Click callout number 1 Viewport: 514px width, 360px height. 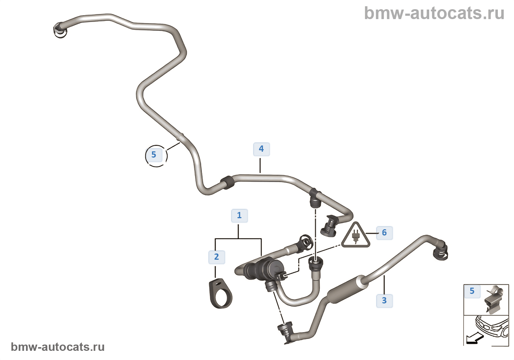tap(239, 216)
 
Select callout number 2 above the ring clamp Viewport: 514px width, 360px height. tap(217, 257)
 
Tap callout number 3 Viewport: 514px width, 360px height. tap(384, 301)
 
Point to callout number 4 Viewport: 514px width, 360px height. tap(261, 149)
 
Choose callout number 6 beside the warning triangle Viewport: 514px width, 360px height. tap(384, 233)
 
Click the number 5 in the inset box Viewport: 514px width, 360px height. tap(472, 291)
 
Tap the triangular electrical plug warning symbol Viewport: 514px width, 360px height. tap(355, 236)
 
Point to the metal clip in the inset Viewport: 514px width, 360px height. tap(493, 299)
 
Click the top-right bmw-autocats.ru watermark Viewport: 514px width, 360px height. tap(434, 13)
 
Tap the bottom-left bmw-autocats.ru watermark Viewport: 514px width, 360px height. tap(58, 347)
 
